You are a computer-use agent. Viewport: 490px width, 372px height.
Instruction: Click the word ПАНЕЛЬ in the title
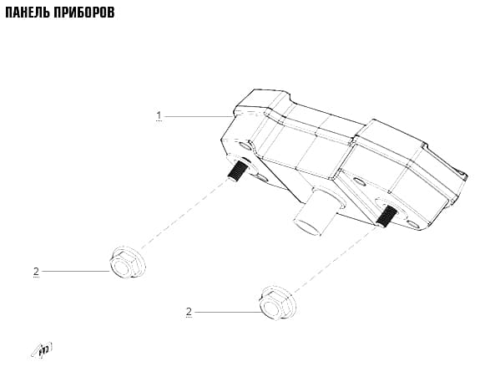(x=28, y=13)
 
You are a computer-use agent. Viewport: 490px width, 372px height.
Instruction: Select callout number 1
(x=159, y=115)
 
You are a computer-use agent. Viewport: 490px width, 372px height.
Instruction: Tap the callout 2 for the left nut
(x=36, y=271)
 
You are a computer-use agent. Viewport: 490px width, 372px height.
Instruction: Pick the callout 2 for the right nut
(x=189, y=312)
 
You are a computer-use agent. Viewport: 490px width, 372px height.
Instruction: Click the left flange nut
(x=127, y=262)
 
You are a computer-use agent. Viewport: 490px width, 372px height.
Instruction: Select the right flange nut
(x=277, y=303)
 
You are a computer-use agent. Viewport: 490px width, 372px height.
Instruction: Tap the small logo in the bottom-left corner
(x=42, y=349)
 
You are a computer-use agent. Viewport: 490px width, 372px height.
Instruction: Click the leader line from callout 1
(x=198, y=116)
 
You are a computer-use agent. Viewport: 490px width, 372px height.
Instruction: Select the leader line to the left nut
(x=76, y=271)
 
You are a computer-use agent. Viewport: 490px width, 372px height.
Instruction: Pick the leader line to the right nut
(x=228, y=312)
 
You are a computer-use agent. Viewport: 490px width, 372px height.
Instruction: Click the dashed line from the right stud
(x=335, y=259)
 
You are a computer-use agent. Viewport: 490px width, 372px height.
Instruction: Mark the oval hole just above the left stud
(x=245, y=145)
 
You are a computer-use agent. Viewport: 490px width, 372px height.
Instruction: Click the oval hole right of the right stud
(x=413, y=224)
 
